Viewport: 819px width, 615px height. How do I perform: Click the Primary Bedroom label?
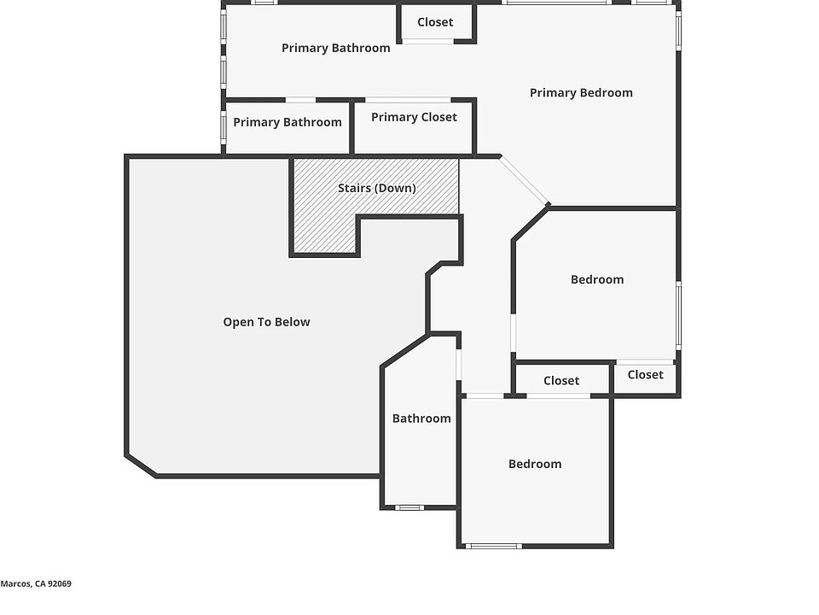point(581,93)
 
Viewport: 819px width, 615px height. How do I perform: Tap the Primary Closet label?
point(414,117)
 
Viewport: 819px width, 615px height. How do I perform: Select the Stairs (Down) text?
point(376,188)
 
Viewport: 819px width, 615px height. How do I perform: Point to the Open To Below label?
point(266,322)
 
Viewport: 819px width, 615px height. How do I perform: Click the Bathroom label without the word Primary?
point(421,419)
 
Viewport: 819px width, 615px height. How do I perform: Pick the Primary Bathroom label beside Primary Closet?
point(288,122)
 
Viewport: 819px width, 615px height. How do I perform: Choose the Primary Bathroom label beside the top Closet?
point(335,48)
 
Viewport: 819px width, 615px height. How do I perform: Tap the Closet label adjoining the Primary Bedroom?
point(435,22)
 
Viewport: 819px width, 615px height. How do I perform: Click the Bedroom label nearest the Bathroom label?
point(535,464)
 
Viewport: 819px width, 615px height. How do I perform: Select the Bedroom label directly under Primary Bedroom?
point(597,279)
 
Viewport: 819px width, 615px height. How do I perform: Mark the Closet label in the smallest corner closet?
point(645,374)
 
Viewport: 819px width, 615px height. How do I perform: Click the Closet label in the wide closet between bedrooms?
point(561,381)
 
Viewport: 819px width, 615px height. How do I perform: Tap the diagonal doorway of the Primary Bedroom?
point(524,180)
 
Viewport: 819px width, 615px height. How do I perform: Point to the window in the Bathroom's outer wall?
point(409,507)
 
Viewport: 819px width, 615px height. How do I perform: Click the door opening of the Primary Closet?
point(407,101)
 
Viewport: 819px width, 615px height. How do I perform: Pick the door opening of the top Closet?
point(428,40)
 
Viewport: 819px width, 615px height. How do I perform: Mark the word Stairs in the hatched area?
point(353,188)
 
